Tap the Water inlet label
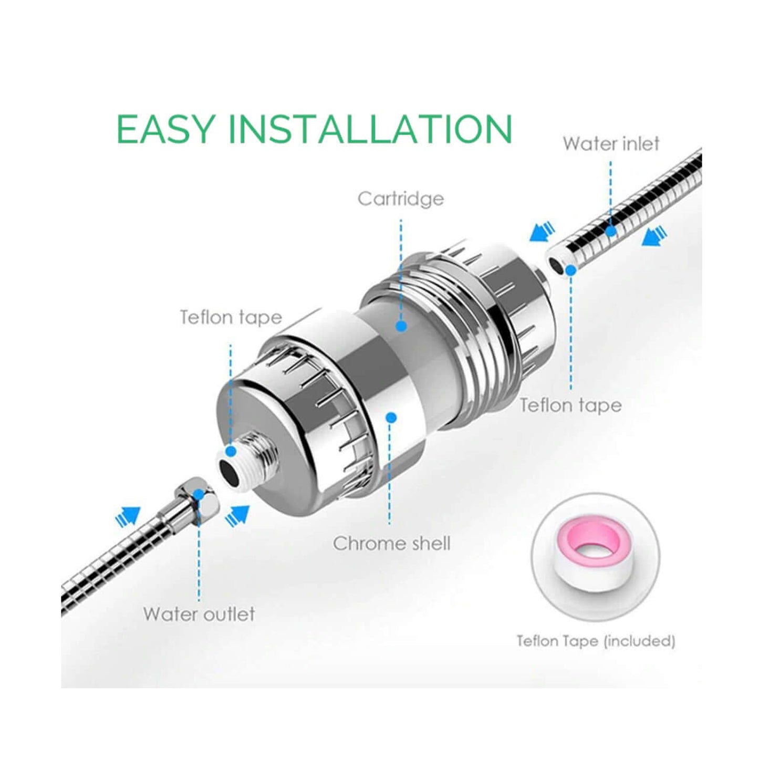pyautogui.click(x=611, y=144)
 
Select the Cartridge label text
pyautogui.click(x=401, y=199)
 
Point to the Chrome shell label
pyautogui.click(x=391, y=544)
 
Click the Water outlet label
pyautogui.click(x=199, y=614)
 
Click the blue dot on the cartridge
pyautogui.click(x=401, y=326)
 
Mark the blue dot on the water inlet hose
pyautogui.click(x=610, y=231)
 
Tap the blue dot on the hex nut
pyautogui.click(x=199, y=494)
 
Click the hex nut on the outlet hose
pyautogui.click(x=196, y=497)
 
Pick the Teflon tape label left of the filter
pyautogui.click(x=231, y=317)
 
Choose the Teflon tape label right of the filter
pyautogui.click(x=570, y=406)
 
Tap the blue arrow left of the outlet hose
pyautogui.click(x=128, y=516)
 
